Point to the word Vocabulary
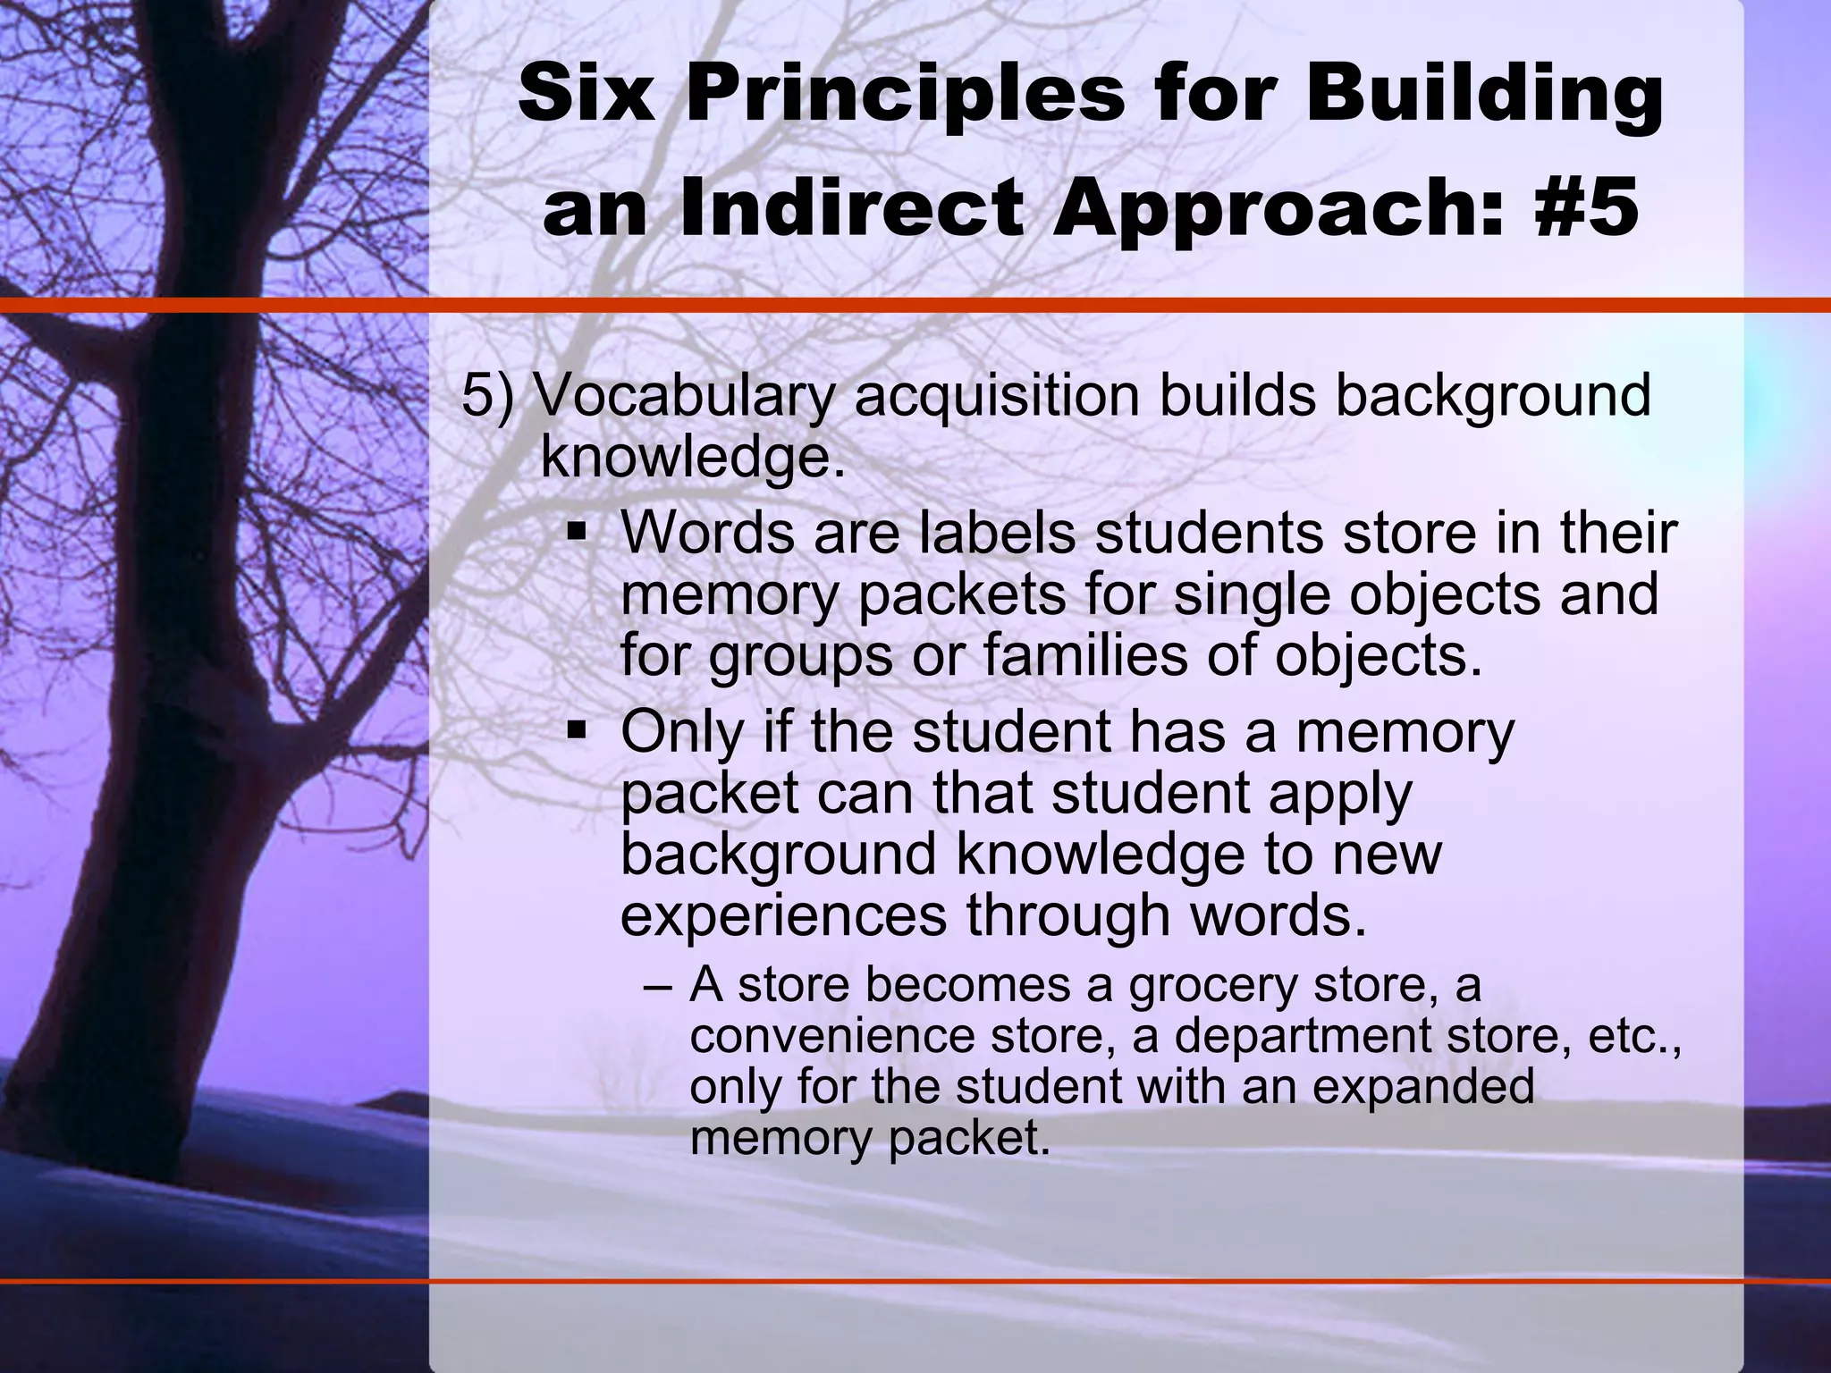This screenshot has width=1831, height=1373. tap(682, 396)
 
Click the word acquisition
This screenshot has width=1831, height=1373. tap(995, 396)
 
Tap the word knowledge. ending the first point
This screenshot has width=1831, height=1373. tap(693, 459)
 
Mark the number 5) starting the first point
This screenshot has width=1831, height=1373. tap(488, 396)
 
